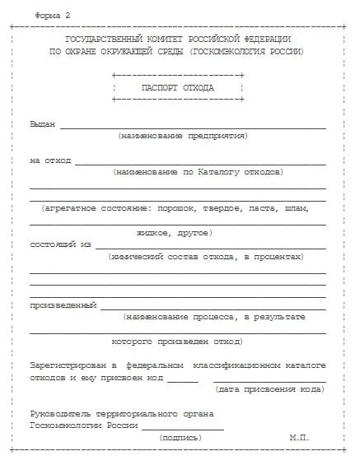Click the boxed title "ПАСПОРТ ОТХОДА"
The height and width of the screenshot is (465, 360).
[x=176, y=87]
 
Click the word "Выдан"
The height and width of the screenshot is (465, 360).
[x=42, y=124]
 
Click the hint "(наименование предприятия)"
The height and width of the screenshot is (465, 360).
[x=182, y=136]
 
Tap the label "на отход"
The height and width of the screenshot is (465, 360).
[x=50, y=160]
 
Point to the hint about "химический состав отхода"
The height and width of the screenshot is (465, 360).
[x=205, y=257]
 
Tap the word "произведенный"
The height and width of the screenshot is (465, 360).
[x=63, y=305]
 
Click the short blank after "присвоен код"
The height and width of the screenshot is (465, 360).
[x=182, y=380]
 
